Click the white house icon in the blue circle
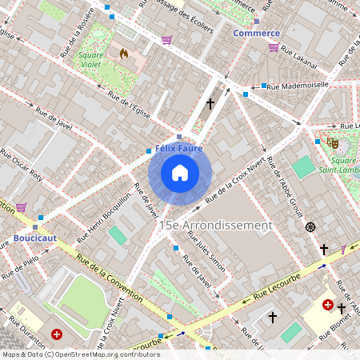180,173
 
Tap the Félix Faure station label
178,148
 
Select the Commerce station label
256,33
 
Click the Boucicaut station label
35,238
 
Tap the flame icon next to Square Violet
123,53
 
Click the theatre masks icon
332,142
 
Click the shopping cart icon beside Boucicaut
20,207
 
